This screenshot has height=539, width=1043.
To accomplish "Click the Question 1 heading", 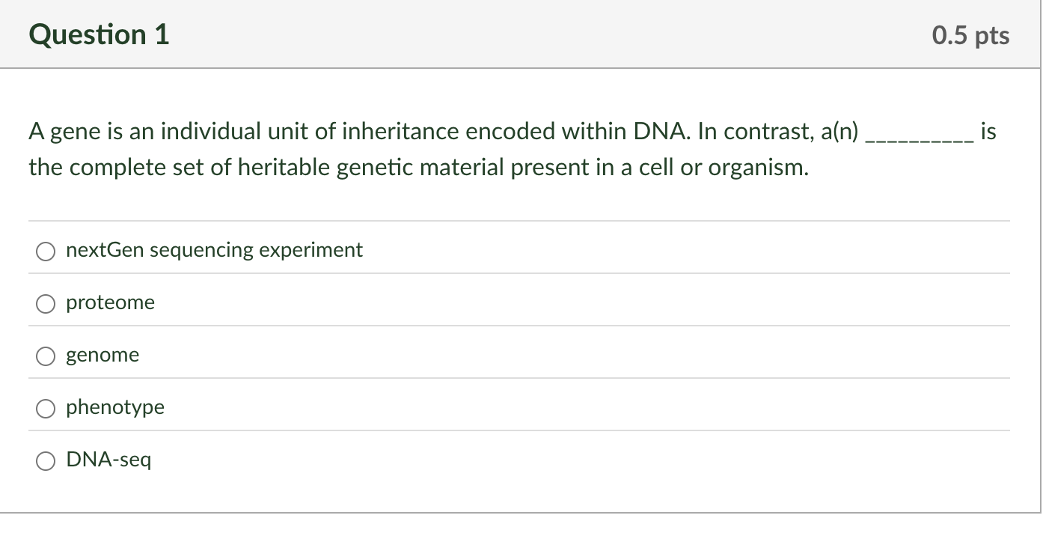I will [x=99, y=35].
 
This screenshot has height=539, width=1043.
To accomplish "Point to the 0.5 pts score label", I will [x=970, y=36].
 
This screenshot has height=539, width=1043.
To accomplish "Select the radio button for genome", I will [x=46, y=356].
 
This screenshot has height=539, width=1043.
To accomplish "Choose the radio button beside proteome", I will [x=46, y=304].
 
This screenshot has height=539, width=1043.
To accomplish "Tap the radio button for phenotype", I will [x=46, y=409].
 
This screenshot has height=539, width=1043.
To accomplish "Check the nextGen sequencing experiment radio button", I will [x=46, y=252].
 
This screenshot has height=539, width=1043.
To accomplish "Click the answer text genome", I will [x=103, y=355].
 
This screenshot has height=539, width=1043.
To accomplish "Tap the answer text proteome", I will [x=110, y=302].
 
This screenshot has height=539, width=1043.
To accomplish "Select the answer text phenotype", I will [x=115, y=407].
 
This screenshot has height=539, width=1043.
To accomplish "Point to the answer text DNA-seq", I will [x=108, y=460].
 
